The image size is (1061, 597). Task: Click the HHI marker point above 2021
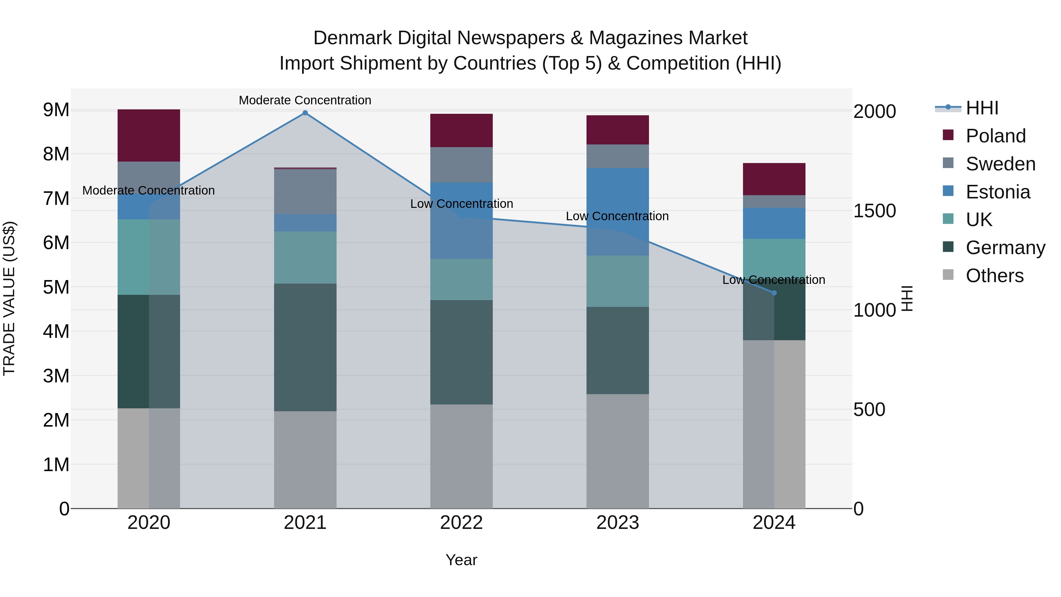pyautogui.click(x=305, y=113)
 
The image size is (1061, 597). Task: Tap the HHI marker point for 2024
pyautogui.click(x=774, y=293)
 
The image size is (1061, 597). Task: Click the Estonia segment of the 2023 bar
pyautogui.click(x=617, y=211)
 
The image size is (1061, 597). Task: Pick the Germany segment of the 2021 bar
pyautogui.click(x=305, y=347)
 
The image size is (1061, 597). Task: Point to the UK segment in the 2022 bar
pyautogui.click(x=461, y=279)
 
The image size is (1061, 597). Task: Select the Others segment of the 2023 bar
pyautogui.click(x=617, y=451)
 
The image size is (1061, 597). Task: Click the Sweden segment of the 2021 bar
pyautogui.click(x=305, y=192)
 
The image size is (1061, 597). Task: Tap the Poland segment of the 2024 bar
pyautogui.click(x=774, y=179)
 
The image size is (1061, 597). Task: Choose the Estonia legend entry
pyautogui.click(x=998, y=192)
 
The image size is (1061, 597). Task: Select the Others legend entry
pyautogui.click(x=994, y=276)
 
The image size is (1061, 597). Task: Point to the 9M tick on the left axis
pyautogui.click(x=56, y=110)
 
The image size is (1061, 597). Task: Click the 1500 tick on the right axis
pyautogui.click(x=874, y=211)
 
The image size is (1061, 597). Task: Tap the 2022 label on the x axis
pyautogui.click(x=461, y=523)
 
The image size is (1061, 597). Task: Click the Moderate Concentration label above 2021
pyautogui.click(x=305, y=100)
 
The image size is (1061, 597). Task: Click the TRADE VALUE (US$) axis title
pyautogui.click(x=9, y=298)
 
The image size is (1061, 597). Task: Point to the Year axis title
pyautogui.click(x=461, y=560)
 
